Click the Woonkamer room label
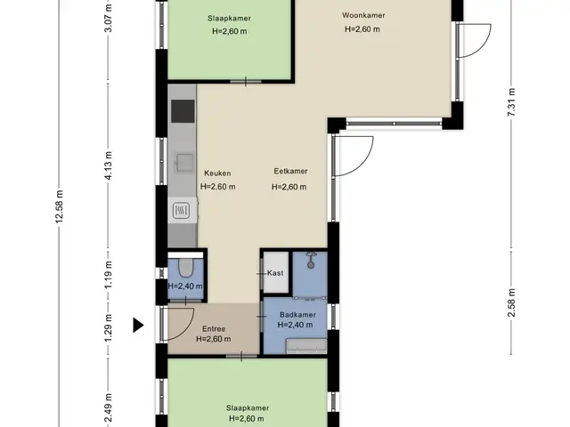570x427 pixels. pyautogui.click(x=363, y=15)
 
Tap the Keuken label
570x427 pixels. pyautogui.click(x=217, y=173)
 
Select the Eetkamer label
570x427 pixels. pyautogui.click(x=290, y=171)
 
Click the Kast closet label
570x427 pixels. pyautogui.click(x=275, y=273)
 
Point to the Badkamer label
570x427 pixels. pyautogui.click(x=297, y=315)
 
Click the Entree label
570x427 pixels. pyautogui.click(x=214, y=329)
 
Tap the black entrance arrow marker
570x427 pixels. pyautogui.click(x=138, y=325)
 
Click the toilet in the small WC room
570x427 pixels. pyautogui.click(x=186, y=267)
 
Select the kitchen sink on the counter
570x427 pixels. pyautogui.click(x=184, y=162)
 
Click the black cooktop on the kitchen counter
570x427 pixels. pyautogui.click(x=183, y=111)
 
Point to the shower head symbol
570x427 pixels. pyautogui.click(x=311, y=261)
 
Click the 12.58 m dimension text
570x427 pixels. pyautogui.click(x=60, y=206)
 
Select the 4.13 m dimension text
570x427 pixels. pyautogui.click(x=109, y=165)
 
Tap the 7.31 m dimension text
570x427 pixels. pyautogui.click(x=511, y=102)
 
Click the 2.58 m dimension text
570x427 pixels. pyautogui.click(x=511, y=302)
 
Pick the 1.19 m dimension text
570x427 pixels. pyautogui.click(x=109, y=275)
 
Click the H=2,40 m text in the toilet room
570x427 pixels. pyautogui.click(x=185, y=286)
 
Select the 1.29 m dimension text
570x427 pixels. pyautogui.click(x=109, y=328)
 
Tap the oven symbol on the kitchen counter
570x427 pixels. pyautogui.click(x=181, y=210)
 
